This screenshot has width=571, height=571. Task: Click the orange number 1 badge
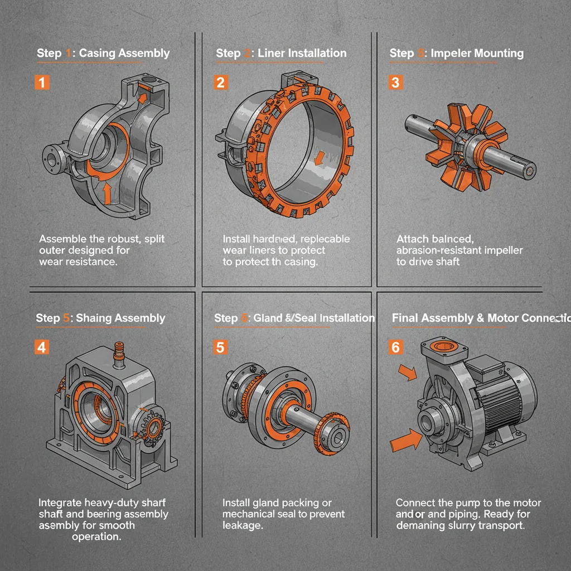tap(42, 83)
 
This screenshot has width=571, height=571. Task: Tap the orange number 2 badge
tap(221, 83)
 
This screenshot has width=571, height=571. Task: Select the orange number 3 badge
tap(395, 83)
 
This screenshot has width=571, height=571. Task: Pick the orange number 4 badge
tap(42, 347)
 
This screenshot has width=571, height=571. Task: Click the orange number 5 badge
tap(221, 347)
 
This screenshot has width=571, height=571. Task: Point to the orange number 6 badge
tap(395, 347)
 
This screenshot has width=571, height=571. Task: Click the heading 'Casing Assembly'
tap(124, 54)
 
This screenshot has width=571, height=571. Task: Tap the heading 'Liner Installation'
tap(302, 53)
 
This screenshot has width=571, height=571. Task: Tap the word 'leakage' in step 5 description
tap(243, 525)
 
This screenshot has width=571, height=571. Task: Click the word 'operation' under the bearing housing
tap(96, 537)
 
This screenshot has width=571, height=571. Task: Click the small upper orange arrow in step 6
tap(408, 372)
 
